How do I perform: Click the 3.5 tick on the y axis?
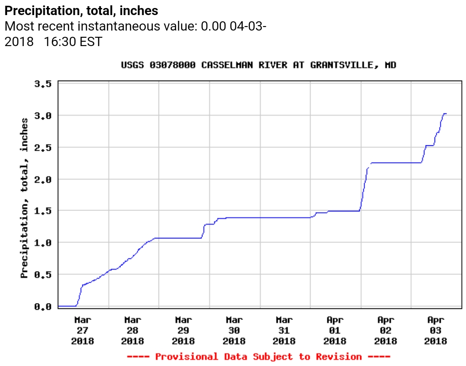click(43, 84)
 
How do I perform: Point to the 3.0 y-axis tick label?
click(43, 116)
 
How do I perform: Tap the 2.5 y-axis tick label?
click(43, 147)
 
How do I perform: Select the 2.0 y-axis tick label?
click(43, 179)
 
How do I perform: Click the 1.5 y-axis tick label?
click(43, 211)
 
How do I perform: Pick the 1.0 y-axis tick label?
click(43, 242)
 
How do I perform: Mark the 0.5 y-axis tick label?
click(43, 274)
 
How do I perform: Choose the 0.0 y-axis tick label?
click(43, 306)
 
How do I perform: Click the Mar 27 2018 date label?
click(82, 330)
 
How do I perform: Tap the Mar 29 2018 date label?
click(183, 330)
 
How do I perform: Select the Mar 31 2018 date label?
click(284, 330)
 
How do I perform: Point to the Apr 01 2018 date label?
click(335, 330)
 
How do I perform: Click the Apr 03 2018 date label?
click(435, 330)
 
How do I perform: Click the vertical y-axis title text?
click(25, 198)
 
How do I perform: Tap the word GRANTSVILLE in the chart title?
click(340, 65)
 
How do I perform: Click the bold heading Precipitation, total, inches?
click(81, 10)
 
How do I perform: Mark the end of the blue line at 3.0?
click(446, 114)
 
